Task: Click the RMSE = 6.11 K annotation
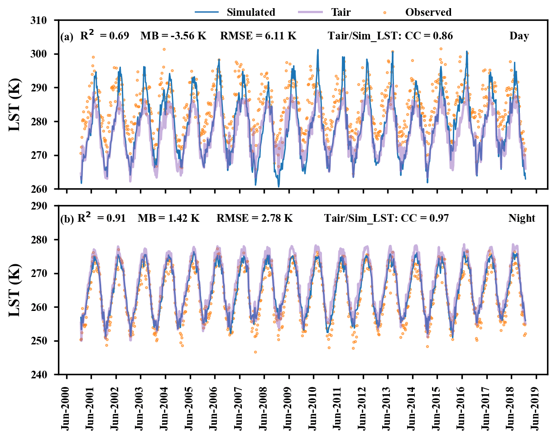point(258,36)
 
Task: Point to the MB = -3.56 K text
point(173,36)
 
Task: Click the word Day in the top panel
point(519,36)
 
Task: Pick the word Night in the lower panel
point(522,219)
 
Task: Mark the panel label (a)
point(67,38)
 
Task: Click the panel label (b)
point(67,220)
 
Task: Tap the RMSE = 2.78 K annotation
point(254,219)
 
